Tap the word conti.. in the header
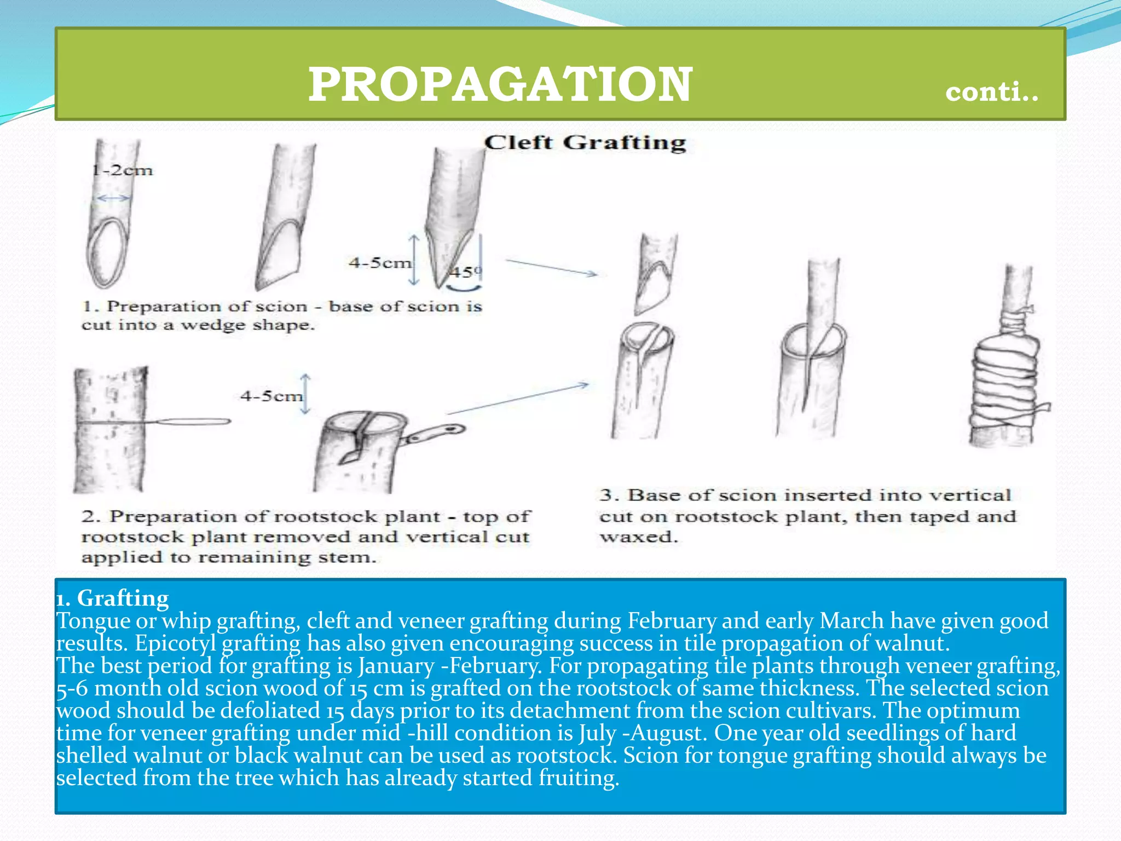tap(991, 91)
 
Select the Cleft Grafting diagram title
tap(585, 142)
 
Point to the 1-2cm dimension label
tap(122, 170)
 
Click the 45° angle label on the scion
tap(466, 271)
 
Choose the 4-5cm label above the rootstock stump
tap(271, 396)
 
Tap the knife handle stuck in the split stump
tap(435, 433)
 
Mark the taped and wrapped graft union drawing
tap(1005, 378)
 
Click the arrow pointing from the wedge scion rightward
tap(550, 267)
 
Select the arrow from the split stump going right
tap(517, 399)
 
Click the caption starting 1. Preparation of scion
tap(281, 315)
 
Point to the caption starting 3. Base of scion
tap(807, 516)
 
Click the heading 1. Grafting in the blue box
tap(113, 598)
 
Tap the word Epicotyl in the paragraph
tap(175, 643)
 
